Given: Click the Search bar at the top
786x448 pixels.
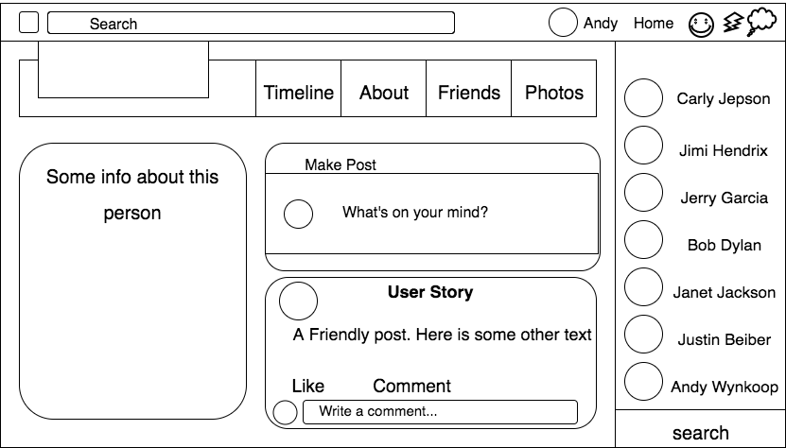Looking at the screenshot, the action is coord(251,23).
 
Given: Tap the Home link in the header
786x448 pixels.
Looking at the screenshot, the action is coord(654,23).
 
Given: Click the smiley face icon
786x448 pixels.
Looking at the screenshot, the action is coord(701,25).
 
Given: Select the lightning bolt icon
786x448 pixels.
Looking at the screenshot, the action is coord(733,23).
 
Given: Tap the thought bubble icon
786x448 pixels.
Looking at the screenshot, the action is coord(761,22).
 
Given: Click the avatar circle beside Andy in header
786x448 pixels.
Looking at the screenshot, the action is coord(563,23).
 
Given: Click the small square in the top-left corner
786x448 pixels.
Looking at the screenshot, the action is coord(28,23).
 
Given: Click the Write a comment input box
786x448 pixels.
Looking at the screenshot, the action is coord(440,412).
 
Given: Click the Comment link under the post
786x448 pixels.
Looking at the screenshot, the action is coord(411,386).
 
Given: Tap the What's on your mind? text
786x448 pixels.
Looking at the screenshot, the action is coord(415,213).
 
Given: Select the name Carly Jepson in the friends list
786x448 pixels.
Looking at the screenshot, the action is coord(724,98).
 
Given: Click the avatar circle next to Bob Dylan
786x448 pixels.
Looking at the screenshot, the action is coord(643,239).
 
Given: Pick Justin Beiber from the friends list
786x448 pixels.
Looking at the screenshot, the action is coord(725,339).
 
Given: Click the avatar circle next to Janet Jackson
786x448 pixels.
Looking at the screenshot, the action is coord(643,286).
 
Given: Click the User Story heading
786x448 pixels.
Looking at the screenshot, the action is coord(430,292).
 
